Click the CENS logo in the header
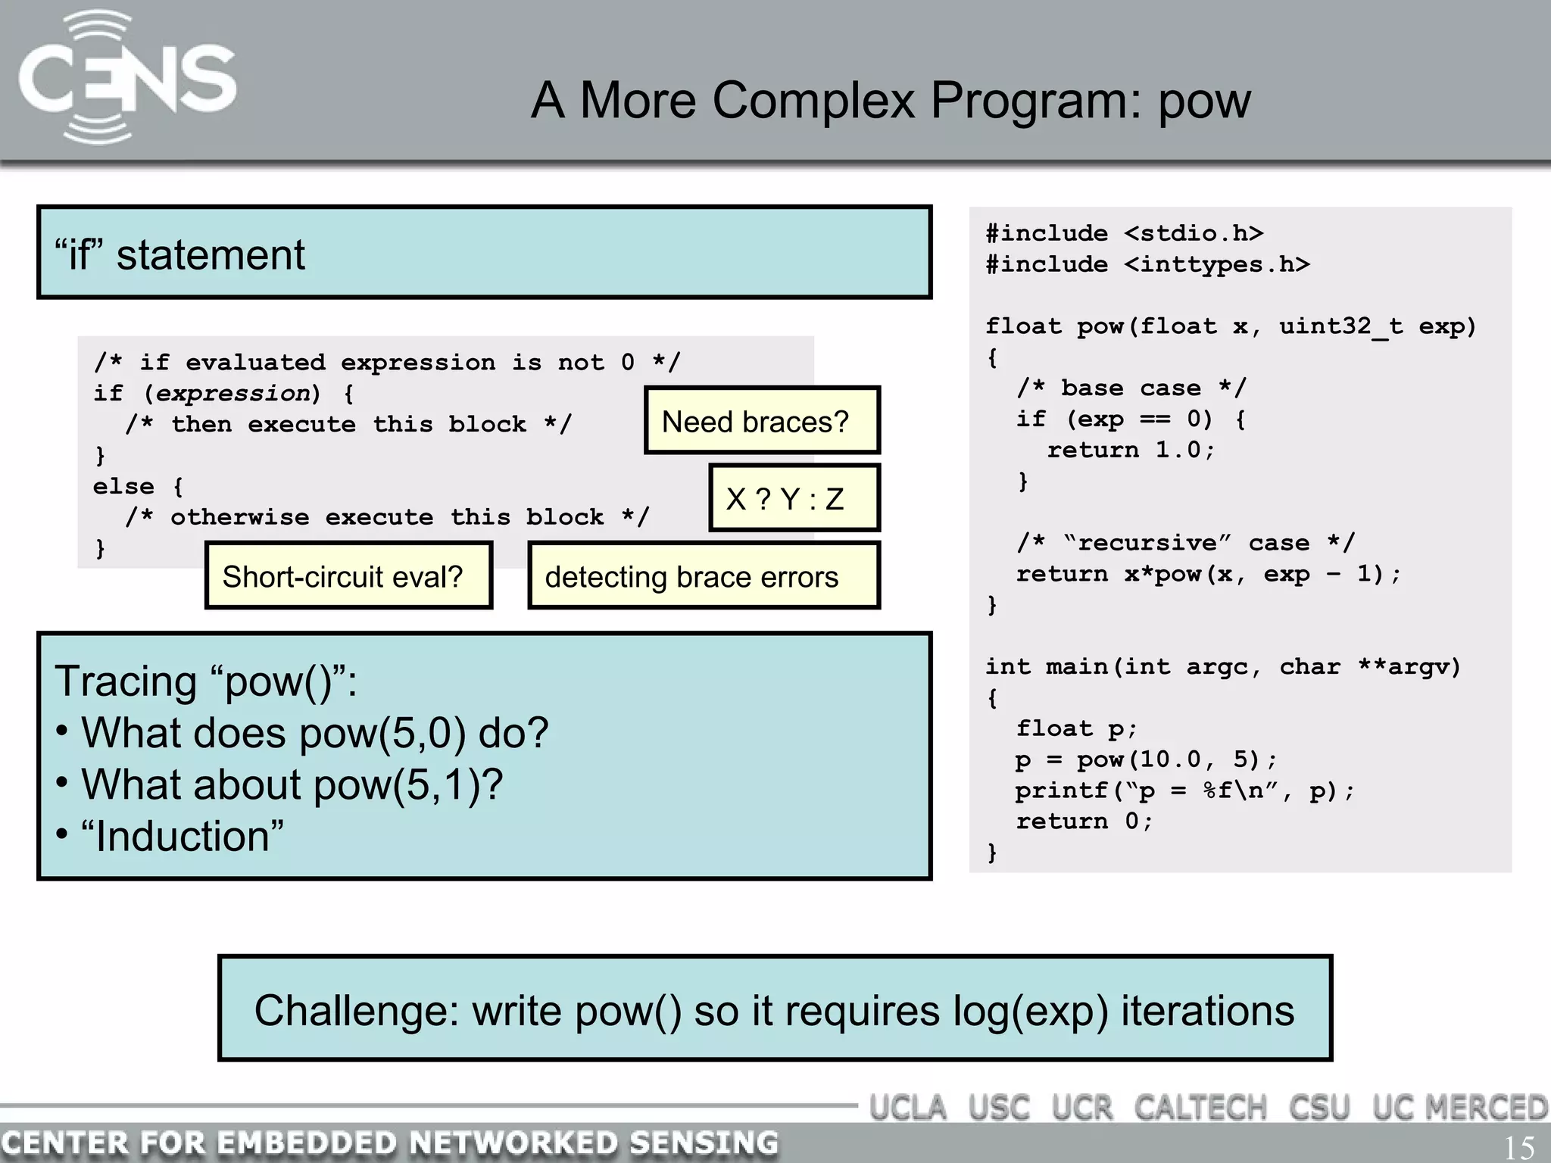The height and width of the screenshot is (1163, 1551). coord(126,79)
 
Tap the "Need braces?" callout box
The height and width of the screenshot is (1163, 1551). coord(761,421)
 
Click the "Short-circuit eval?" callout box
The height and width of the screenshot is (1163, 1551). coord(348,576)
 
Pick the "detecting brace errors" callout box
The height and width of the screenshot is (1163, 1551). coord(703,576)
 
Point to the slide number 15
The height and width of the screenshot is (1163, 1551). coord(1518,1147)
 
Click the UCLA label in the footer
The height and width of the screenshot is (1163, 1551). coord(907,1108)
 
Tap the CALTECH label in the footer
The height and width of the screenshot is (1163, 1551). coord(1200,1108)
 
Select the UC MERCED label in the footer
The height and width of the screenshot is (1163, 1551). coord(1459,1108)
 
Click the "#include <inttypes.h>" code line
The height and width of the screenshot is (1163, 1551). coord(1147,264)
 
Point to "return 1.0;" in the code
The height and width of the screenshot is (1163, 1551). coord(1131,450)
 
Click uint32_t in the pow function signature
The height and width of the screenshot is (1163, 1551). coord(1340,326)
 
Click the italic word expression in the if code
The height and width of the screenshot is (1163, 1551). coord(233,394)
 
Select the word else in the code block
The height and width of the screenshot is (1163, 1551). coord(123,486)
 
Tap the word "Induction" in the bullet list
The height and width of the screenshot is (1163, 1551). coord(182,837)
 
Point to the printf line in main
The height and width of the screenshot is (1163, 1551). coord(1184,791)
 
